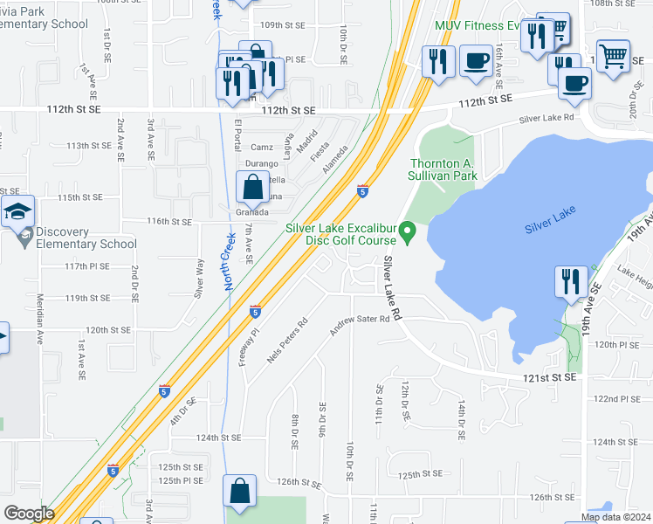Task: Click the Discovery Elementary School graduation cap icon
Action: pos(17,210)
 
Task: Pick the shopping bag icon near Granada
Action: pos(252,187)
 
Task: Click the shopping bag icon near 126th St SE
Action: pos(239,492)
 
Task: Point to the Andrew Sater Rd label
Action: pos(359,327)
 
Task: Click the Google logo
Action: pos(28,514)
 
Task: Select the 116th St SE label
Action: pos(168,223)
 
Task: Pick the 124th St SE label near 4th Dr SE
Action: pos(217,438)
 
